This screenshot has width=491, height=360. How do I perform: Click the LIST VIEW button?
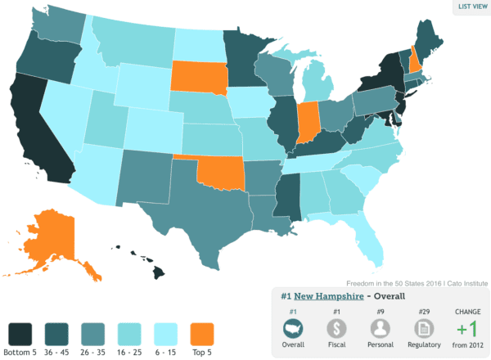(472, 7)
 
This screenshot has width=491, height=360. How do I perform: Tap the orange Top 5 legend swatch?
(204, 334)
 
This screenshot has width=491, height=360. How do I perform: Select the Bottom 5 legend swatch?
(22, 334)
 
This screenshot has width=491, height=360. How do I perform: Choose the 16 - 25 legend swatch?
(132, 334)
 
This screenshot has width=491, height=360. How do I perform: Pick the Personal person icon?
(380, 327)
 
